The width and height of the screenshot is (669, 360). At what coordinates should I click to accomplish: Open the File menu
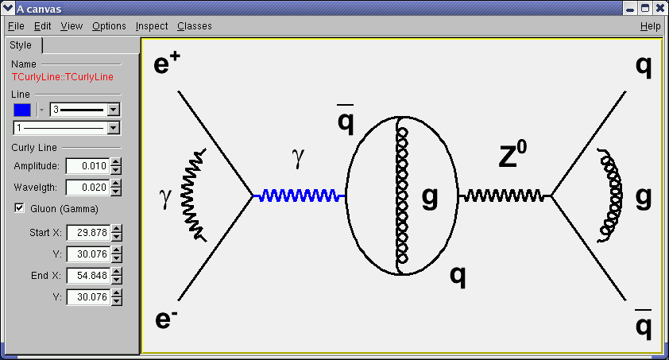coord(16,26)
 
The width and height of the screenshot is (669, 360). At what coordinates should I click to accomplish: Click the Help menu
coord(650,26)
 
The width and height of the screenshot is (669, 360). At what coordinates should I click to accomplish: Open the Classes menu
coord(195,26)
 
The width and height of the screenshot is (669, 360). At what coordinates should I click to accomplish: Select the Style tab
coord(21,45)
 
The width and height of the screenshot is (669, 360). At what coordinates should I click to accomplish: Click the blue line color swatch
coord(22,110)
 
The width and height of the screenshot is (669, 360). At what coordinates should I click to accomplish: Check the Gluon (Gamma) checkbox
coord(19,208)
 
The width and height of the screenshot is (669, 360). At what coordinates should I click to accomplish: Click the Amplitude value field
coord(88,166)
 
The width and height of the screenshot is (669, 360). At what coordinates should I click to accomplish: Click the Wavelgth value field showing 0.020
coord(88,188)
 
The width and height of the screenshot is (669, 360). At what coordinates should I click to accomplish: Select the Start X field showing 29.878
coord(89,233)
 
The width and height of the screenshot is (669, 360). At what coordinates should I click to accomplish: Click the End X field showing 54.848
coord(89,276)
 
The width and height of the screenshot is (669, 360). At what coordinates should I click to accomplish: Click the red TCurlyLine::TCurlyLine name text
coord(63,77)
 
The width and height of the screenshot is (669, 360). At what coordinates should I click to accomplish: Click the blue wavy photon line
coord(299,195)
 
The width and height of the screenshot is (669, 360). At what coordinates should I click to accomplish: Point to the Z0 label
coord(512,154)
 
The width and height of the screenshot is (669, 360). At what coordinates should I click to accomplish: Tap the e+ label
coord(167,62)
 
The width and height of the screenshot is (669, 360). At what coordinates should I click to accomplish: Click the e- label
coord(165,318)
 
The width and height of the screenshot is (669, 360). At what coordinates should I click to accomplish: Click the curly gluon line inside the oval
coord(401,195)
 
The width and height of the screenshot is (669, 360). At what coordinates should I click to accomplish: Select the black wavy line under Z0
coord(505,195)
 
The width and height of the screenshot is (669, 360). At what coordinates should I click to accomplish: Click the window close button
coord(659,8)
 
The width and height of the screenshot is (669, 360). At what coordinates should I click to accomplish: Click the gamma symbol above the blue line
coord(298,158)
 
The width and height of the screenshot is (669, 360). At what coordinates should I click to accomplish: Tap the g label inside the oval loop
coord(430,198)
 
